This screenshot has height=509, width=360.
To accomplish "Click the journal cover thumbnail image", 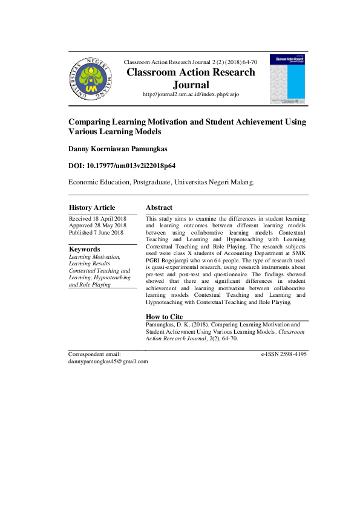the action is click(287, 79).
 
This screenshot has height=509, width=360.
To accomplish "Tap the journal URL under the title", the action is click(190, 95).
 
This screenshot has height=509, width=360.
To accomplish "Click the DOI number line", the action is click(122, 165).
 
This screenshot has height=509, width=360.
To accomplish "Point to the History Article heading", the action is click(92, 207).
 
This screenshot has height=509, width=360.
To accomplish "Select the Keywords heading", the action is click(85, 248).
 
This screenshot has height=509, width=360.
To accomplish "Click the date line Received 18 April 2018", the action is click(97, 218).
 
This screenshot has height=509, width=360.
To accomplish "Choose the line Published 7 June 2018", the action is click(96, 233).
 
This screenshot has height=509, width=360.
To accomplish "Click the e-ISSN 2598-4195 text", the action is click(284, 354).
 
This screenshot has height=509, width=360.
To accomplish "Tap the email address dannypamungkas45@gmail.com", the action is click(108, 361).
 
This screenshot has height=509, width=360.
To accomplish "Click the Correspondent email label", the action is click(95, 354).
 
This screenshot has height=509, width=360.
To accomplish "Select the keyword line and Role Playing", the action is click(90, 284).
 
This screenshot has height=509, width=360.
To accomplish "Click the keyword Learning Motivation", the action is click(95, 256).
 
